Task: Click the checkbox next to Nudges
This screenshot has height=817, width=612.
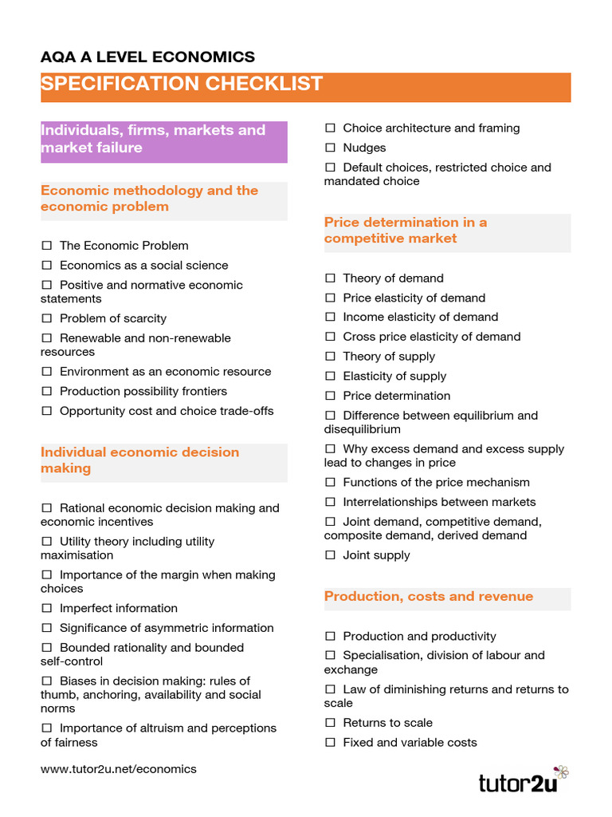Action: point(330,148)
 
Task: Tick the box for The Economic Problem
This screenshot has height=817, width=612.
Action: point(46,246)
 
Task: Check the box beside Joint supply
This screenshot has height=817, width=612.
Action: point(330,555)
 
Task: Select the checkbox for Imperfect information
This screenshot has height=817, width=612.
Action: point(46,608)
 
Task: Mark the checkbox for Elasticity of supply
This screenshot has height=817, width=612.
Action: point(330,376)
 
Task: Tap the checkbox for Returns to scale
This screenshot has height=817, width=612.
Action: point(330,723)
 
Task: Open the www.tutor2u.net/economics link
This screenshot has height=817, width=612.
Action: point(118,769)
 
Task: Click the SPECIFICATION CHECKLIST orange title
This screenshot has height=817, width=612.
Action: point(182,84)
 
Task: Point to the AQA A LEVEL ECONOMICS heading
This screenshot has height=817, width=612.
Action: point(148,57)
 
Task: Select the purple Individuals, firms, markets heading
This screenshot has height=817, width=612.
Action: point(153,139)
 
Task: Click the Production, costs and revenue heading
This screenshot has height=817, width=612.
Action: point(429,597)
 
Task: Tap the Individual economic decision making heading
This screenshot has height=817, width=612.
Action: point(140,460)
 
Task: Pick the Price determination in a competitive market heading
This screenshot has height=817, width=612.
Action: point(405,230)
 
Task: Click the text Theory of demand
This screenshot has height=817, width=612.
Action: point(393,278)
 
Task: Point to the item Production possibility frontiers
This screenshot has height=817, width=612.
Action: point(143,391)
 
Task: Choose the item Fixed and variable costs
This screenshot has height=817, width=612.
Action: point(410,743)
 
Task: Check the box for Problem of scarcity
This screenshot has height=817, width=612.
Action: point(46,318)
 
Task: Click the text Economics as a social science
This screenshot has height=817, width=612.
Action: point(143,266)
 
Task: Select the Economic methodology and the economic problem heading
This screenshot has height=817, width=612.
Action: point(150,199)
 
